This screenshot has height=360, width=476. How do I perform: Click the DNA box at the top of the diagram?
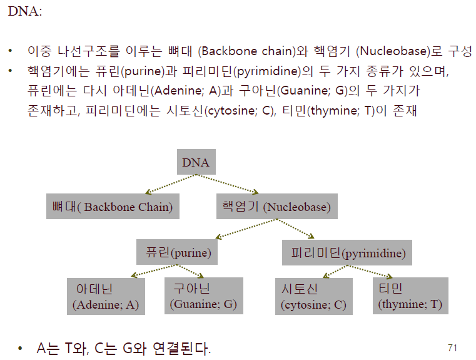tap(196, 163)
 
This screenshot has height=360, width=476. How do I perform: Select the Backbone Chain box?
tap(113, 207)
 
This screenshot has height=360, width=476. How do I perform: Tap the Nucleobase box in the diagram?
tap(276, 207)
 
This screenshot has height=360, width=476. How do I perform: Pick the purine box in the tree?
tap(174, 253)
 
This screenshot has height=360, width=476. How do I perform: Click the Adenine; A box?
tap(106, 297)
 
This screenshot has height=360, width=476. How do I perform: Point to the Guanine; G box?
tap(203, 296)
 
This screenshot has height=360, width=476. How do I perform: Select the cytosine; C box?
tap(313, 297)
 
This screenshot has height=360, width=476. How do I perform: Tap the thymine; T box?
tap(410, 296)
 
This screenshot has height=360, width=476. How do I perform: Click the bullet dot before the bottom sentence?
tap(21, 348)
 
